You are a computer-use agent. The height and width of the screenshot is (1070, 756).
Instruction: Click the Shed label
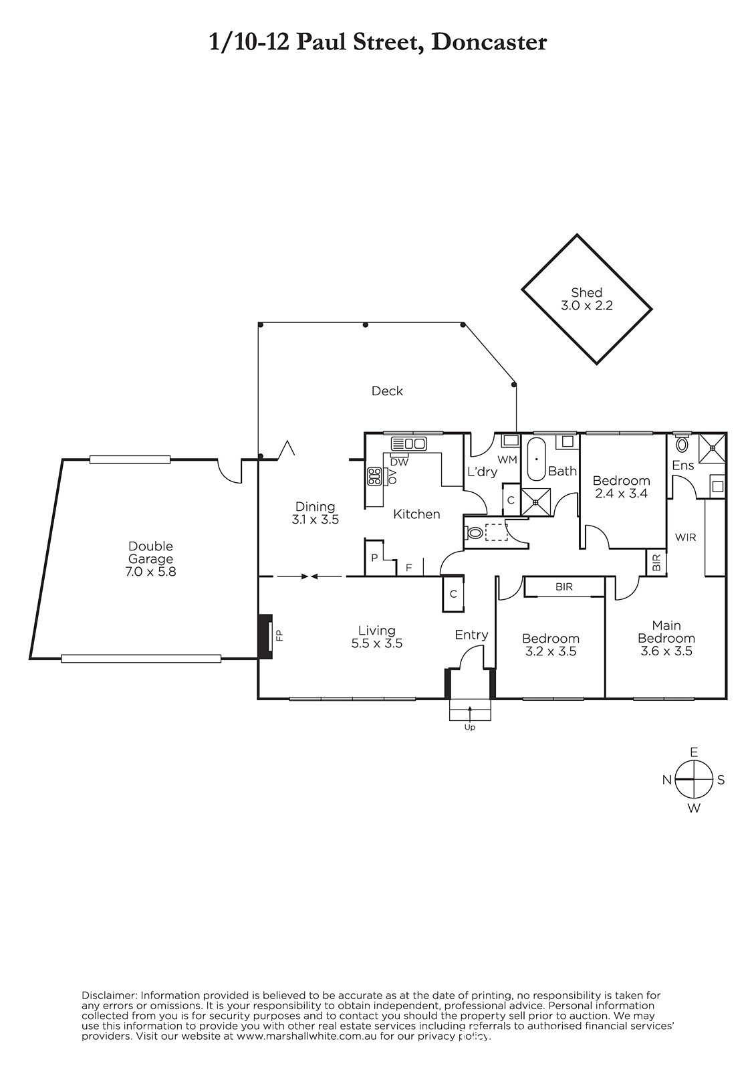586,292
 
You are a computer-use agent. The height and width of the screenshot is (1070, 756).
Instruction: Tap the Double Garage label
150,552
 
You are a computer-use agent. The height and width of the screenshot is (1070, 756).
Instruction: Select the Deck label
387,391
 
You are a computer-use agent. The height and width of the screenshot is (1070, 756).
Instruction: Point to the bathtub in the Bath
536,459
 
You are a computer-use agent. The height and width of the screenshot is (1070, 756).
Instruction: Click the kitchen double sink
409,444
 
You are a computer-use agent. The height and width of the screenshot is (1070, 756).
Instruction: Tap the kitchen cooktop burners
374,476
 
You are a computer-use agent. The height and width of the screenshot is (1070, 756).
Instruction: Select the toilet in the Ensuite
682,444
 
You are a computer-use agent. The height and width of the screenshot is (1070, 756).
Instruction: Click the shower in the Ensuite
712,448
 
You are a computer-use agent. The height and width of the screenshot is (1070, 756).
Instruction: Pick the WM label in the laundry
507,459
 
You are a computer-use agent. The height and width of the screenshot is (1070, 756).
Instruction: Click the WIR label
685,538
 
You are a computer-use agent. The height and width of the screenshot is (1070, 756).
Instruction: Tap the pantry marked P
374,558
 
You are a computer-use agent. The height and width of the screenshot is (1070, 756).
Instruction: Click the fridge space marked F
409,568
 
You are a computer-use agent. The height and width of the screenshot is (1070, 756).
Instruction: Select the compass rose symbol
694,780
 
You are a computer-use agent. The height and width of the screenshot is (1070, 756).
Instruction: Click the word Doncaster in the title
489,43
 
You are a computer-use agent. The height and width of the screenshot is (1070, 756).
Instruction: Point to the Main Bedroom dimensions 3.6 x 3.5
666,651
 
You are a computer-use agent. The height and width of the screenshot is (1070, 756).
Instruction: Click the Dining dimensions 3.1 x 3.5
316,519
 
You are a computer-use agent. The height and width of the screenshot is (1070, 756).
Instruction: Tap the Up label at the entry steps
470,728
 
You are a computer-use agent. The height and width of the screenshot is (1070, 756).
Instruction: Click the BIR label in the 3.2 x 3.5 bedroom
564,586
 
